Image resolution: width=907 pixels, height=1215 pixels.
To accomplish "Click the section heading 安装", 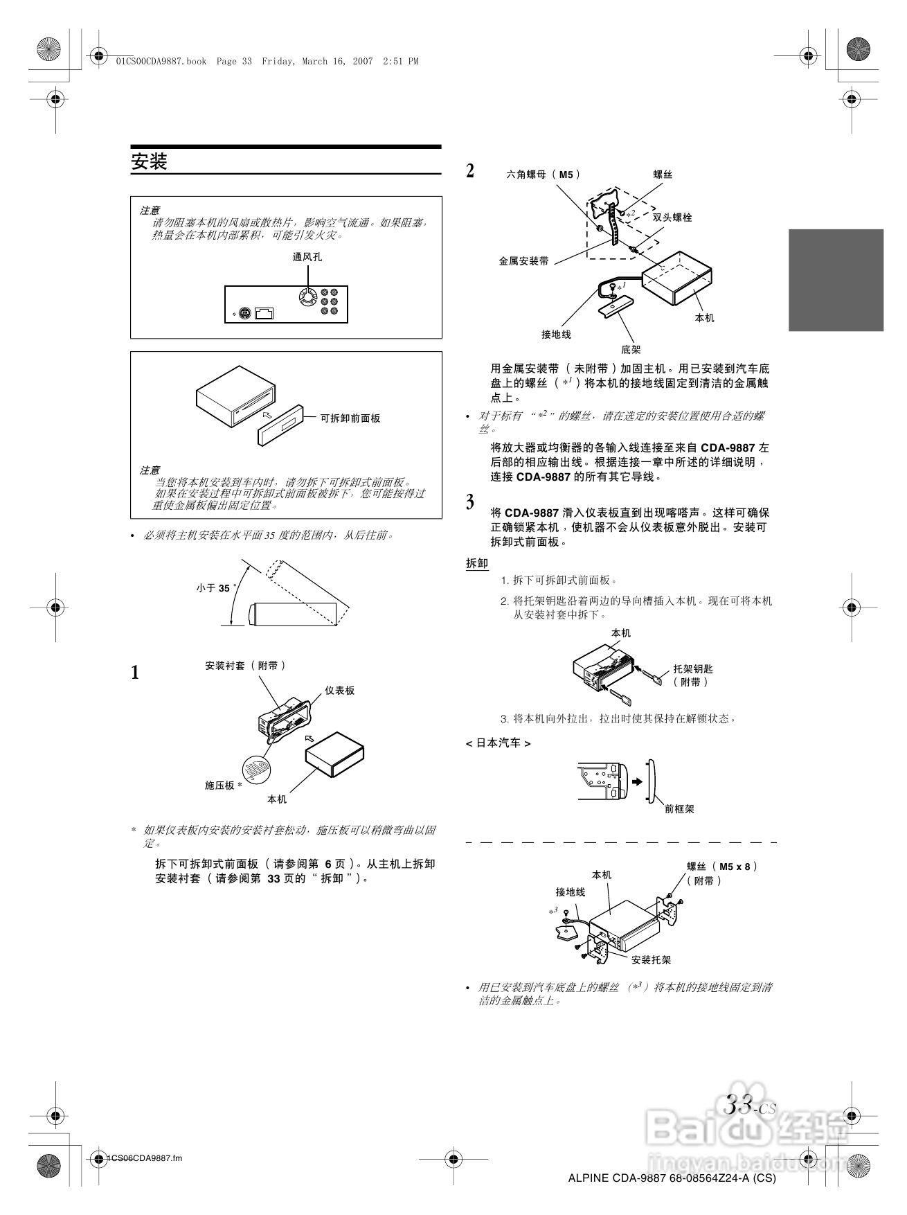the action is pos(150,162).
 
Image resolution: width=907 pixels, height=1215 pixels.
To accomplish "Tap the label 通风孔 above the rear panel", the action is pos(307,257).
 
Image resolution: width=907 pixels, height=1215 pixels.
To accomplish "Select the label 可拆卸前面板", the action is pos(350,418).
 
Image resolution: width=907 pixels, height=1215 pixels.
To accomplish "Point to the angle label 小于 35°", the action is pos(215,588).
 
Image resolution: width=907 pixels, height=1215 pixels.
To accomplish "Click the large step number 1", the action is pos(136,673).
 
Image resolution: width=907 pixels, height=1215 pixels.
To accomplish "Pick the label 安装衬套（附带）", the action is pos(246,666).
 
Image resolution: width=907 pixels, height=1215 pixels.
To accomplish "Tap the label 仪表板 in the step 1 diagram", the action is pos(340,691).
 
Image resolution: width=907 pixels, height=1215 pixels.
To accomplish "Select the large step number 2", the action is pos(471,171).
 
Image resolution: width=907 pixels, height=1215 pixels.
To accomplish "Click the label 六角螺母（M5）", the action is pos(544,175).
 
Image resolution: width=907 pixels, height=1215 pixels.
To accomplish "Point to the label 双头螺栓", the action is pos(672,218).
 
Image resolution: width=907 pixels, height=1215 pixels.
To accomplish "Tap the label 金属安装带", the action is pos(524,261).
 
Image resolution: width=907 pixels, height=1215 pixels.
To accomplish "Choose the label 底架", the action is pos(631,349).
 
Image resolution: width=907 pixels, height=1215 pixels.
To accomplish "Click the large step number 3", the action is pos(471,502).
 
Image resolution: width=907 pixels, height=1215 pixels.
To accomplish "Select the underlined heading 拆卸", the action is pos(477,563).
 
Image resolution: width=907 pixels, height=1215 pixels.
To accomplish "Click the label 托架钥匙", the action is pos(693,669).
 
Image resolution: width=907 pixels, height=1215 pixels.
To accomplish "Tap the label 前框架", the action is pos(679,808).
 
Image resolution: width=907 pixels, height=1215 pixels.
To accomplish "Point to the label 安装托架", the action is pos(652,960).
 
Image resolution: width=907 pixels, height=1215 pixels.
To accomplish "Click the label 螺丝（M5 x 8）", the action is pos(722,867).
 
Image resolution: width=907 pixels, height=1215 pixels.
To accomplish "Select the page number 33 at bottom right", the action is pos(739,1105).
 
